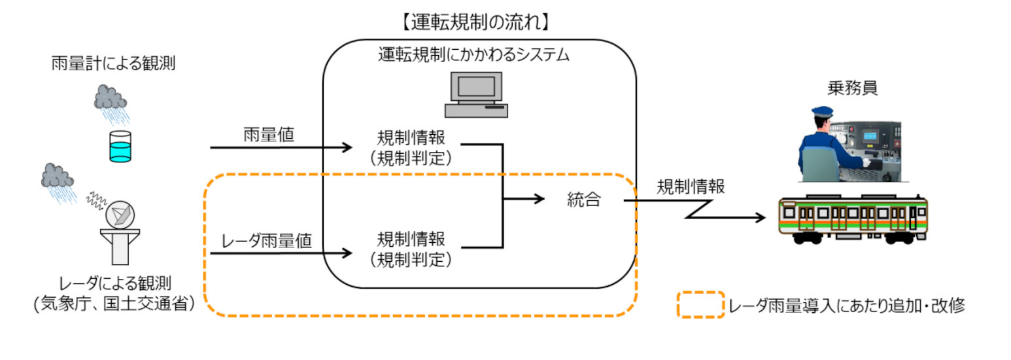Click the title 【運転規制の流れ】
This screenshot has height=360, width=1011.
coord(475,22)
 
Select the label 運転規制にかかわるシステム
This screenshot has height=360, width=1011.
coord(474,55)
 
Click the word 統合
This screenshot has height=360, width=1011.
coord(583,200)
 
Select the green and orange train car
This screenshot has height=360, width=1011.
coord(853,217)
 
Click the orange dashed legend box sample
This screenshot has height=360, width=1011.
coord(700,305)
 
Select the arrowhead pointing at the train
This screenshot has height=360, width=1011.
coord(760,218)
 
